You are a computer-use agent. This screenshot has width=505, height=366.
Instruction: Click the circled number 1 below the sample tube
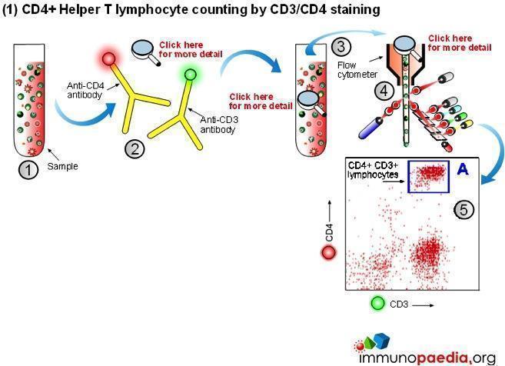pyautogui.click(x=28, y=170)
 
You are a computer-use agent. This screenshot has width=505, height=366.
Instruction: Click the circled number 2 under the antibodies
pyautogui.click(x=135, y=148)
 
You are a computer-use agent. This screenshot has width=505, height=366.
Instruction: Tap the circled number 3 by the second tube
pyautogui.click(x=342, y=47)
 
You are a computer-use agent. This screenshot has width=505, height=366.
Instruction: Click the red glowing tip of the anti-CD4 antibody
pyautogui.click(x=108, y=59)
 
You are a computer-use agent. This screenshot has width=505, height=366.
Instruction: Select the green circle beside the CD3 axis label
pyautogui.click(x=377, y=303)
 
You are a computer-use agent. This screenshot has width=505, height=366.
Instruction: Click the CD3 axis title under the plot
pyautogui.click(x=399, y=304)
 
